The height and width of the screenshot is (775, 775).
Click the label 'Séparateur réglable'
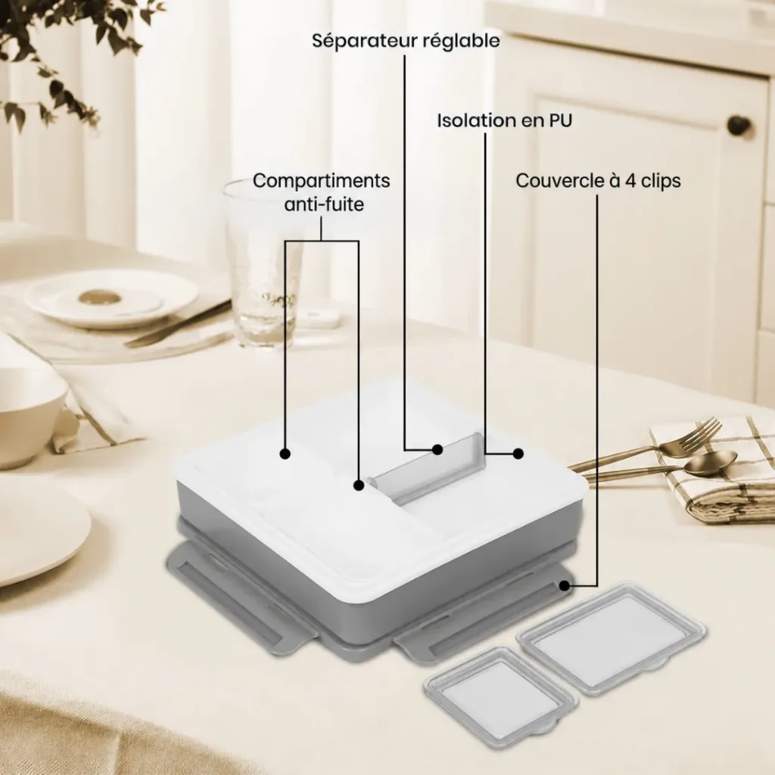click(x=406, y=41)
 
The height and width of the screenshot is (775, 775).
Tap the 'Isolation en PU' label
click(x=505, y=120)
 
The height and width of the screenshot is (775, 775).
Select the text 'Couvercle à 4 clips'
click(x=598, y=181)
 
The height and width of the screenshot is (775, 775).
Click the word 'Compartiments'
click(x=321, y=181)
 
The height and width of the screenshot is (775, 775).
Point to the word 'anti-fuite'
click(x=324, y=204)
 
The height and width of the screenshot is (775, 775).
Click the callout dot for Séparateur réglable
click(x=437, y=450)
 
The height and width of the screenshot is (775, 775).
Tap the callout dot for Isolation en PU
click(x=518, y=453)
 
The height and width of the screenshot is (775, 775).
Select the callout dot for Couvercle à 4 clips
click(x=563, y=586)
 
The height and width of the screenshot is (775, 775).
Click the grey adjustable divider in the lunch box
click(x=428, y=468)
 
